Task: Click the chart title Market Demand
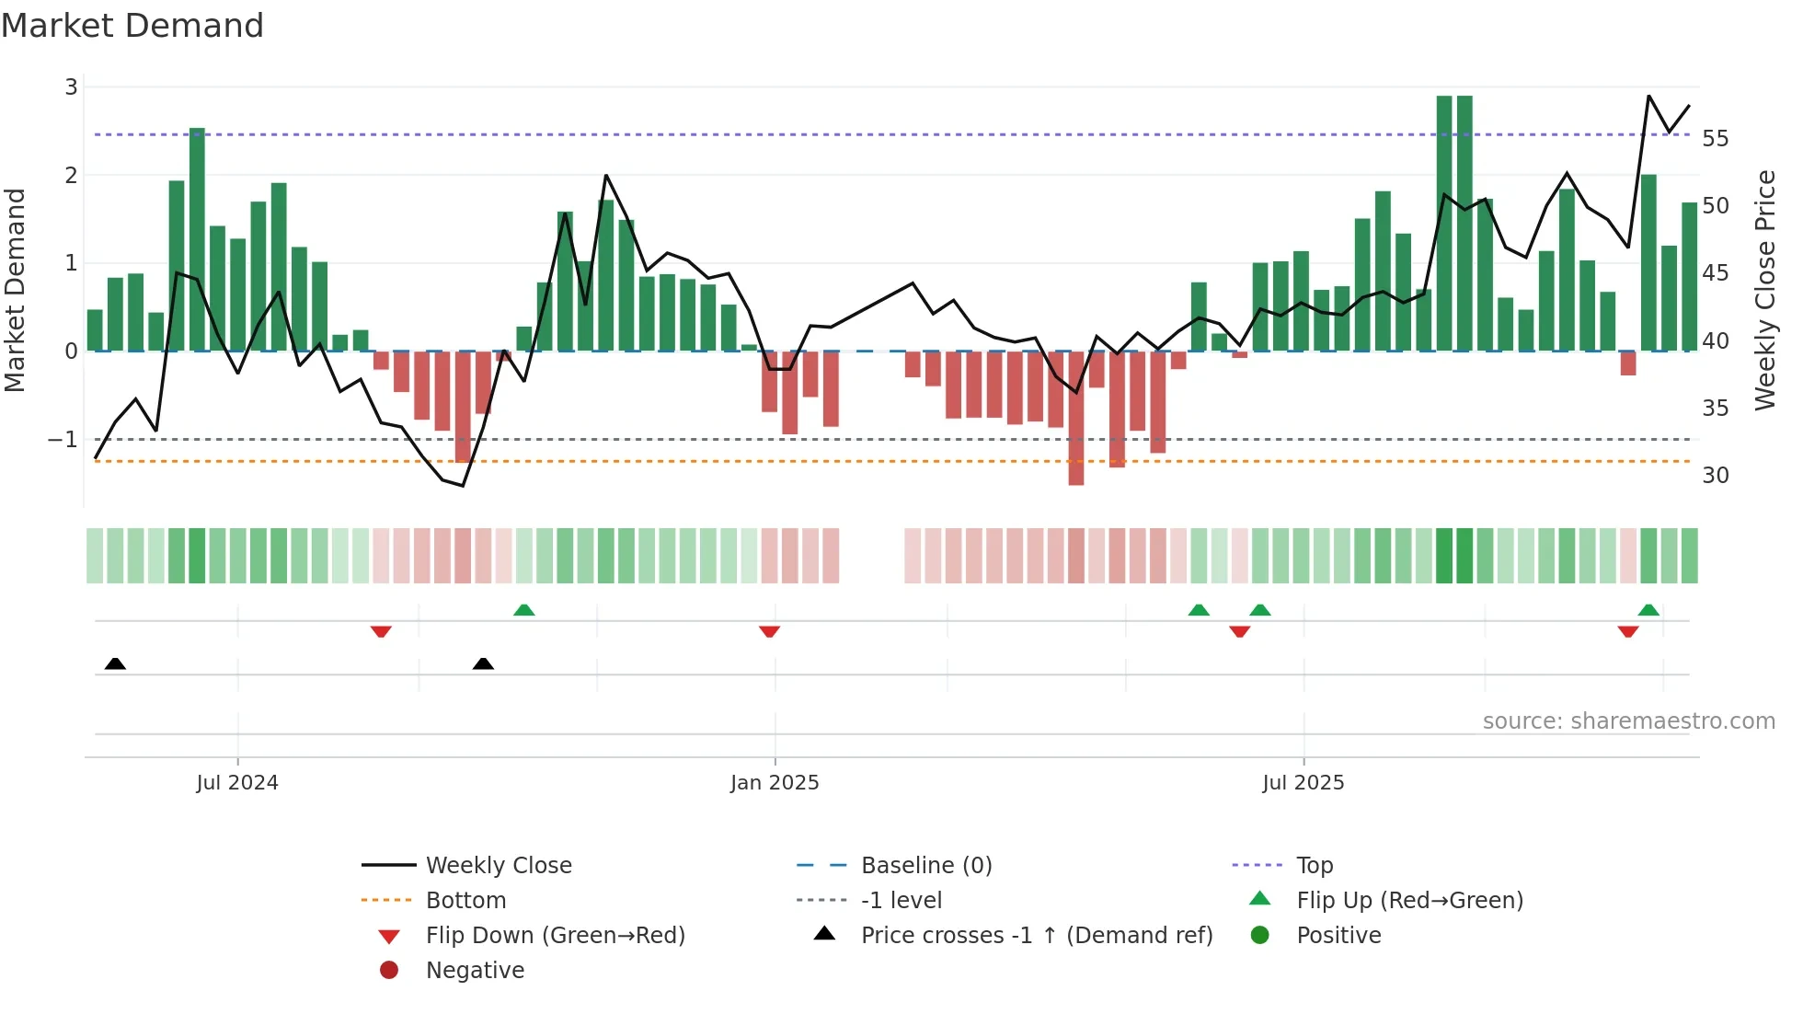click(x=132, y=26)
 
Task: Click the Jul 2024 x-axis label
click(x=236, y=783)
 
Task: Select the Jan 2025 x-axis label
click(x=775, y=783)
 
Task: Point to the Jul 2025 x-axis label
click(x=1303, y=783)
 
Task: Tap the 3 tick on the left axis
click(x=71, y=87)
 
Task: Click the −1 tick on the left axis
click(x=63, y=440)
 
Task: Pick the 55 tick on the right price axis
click(x=1716, y=139)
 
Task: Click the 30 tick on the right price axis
click(x=1716, y=476)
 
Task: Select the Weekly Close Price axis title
click(x=1764, y=290)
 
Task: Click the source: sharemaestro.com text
click(x=1628, y=721)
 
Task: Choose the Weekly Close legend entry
click(x=498, y=866)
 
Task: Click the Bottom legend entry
click(x=465, y=901)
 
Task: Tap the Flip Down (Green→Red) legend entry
click(x=555, y=936)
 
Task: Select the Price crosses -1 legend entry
click(x=1036, y=936)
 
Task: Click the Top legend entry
click(x=1315, y=866)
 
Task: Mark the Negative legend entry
click(x=475, y=971)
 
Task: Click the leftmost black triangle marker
click(x=115, y=663)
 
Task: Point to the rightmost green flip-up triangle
click(x=1648, y=610)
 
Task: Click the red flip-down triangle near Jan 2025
click(x=770, y=631)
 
